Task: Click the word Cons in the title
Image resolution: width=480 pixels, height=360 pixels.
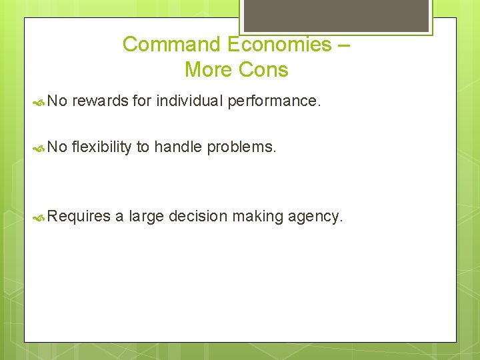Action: (265, 69)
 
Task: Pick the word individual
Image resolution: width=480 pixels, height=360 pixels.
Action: (189, 101)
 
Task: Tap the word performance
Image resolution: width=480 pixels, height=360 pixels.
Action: (274, 101)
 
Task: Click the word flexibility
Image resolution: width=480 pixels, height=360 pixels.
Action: (101, 147)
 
